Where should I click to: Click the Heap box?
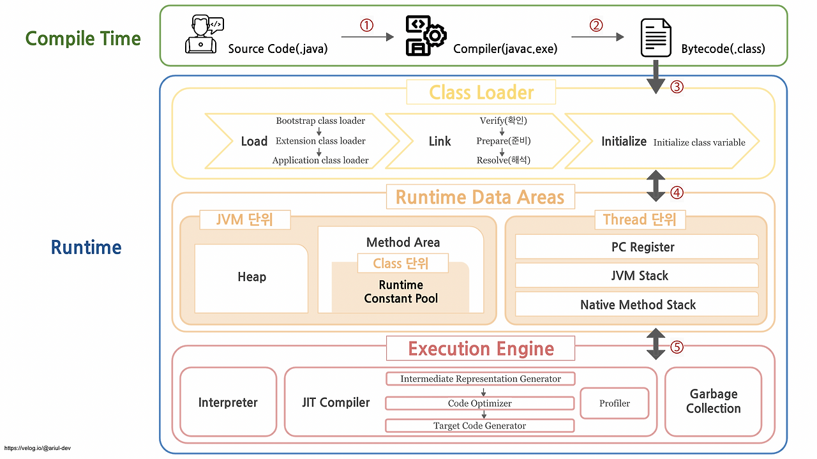point(251,277)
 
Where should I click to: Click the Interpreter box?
point(228,402)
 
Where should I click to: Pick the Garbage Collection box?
point(713,402)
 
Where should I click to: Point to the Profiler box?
point(614,403)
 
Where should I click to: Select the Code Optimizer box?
point(480,403)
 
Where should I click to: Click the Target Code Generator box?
point(480,426)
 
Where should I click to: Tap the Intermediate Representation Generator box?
point(480,379)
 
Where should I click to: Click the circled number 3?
point(677,87)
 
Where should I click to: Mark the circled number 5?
point(677,347)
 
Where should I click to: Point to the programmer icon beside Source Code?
point(204,36)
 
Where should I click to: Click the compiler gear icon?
point(426,36)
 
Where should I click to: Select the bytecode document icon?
point(656,38)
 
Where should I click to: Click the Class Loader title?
point(481,93)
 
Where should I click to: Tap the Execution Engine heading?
point(481,349)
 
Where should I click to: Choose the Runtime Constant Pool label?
point(401,292)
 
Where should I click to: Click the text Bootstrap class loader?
point(320,121)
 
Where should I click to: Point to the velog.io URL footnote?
point(36,448)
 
